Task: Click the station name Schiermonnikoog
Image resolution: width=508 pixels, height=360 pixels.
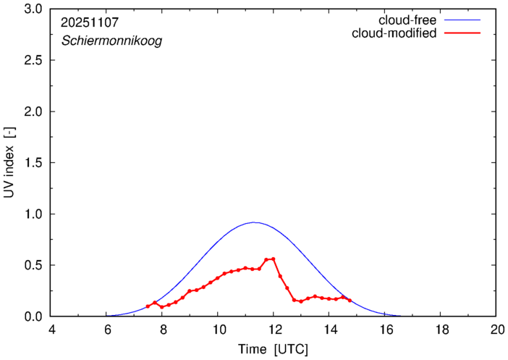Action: [111, 41]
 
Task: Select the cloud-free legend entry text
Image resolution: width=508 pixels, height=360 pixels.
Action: [407, 20]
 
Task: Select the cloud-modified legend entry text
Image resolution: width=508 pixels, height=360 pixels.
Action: [394, 33]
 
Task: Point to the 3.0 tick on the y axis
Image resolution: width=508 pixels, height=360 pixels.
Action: [33, 9]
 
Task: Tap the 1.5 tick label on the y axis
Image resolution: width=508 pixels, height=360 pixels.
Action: [33, 163]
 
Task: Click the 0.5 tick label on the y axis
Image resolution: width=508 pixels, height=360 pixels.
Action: [33, 265]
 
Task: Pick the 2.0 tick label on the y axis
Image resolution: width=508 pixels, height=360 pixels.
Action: [33, 112]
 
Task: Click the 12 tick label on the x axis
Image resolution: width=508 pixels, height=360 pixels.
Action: [274, 330]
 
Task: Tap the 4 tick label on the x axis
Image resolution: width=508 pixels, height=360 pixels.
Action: [51, 330]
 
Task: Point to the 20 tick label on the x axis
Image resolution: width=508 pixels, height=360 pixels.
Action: [496, 330]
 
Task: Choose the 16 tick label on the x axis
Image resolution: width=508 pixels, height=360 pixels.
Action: [384, 330]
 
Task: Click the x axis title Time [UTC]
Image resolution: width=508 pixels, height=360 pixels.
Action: [273, 349]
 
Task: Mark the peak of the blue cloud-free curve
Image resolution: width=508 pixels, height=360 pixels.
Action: [253, 222]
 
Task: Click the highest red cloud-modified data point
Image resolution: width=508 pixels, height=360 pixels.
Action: [273, 259]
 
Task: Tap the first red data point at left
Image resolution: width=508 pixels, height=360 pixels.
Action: [148, 306]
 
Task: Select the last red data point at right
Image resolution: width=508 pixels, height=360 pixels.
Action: [350, 300]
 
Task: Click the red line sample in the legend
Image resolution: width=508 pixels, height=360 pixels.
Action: [462, 33]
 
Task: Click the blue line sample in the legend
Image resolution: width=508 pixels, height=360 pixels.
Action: [462, 20]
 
